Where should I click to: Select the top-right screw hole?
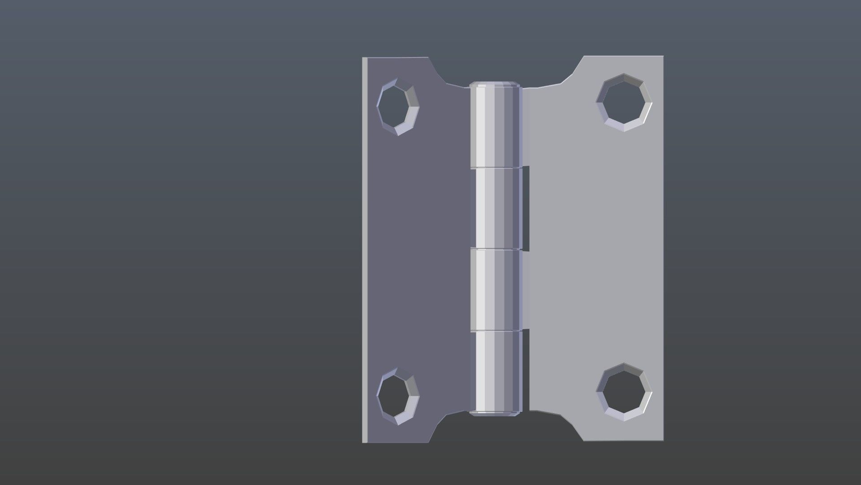(x=624, y=103)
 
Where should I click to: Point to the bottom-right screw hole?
(x=624, y=392)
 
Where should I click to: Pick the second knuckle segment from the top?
(x=498, y=208)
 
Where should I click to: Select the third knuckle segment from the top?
(x=496, y=290)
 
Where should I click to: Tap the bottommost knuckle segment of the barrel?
(x=498, y=370)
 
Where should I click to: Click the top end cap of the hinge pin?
(x=495, y=84)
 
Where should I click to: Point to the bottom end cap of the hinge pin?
(x=495, y=413)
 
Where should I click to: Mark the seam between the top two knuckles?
(x=496, y=168)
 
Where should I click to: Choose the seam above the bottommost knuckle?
(x=496, y=331)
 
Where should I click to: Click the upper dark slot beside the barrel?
(x=526, y=208)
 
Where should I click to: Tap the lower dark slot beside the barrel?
(x=526, y=370)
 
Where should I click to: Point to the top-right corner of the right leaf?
(x=662, y=57)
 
